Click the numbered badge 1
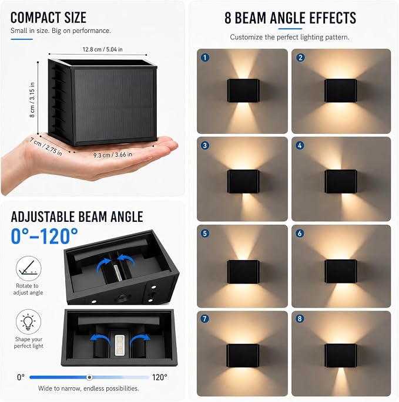[205, 58]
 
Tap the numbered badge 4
[300, 146]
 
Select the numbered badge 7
[205, 319]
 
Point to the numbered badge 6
[300, 234]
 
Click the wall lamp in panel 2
[340, 90]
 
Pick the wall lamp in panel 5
[243, 272]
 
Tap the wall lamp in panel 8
[340, 356]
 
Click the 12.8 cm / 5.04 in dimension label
[102, 49]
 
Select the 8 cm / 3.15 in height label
[32, 100]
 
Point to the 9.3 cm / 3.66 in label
[112, 155]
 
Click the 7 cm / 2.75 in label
[46, 147]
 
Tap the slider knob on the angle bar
[89, 377]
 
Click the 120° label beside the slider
[159, 377]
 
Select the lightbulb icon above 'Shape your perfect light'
[28, 322]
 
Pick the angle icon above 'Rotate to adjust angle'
[28, 268]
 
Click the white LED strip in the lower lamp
[120, 345]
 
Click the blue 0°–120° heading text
[44, 236]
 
